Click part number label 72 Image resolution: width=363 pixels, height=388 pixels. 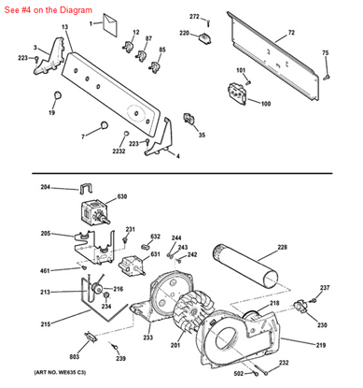coord(291,33)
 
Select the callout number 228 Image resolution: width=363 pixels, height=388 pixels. coord(282,248)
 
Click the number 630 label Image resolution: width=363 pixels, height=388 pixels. coord(121,197)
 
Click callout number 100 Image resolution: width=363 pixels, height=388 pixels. coord(266,103)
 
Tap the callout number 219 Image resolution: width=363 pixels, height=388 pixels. coord(320,347)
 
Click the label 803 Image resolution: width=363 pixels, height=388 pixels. coord(73,357)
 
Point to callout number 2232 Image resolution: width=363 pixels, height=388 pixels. coord(119,151)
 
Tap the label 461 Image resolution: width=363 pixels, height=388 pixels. coord(45,271)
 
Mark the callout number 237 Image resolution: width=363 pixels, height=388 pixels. coord(325,288)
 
